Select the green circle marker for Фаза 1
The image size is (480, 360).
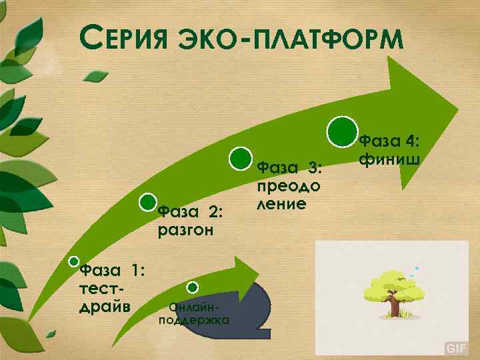pyautogui.click(x=75, y=262)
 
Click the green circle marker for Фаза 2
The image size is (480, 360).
pyautogui.click(x=148, y=201)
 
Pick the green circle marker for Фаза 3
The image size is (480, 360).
pyautogui.click(x=240, y=159)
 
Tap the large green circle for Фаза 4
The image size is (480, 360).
pyautogui.click(x=341, y=131)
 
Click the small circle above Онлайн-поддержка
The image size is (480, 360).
pyautogui.click(x=192, y=287)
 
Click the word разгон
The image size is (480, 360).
pyautogui.click(x=185, y=231)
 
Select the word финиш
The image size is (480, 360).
pyautogui.click(x=389, y=159)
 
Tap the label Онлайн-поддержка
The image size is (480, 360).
pyautogui.click(x=194, y=313)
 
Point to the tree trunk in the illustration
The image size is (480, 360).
pyautogui.click(x=395, y=307)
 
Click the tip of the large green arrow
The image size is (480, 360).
pyautogui.click(x=457, y=107)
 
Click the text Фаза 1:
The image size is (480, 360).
pyautogui.click(x=111, y=270)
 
